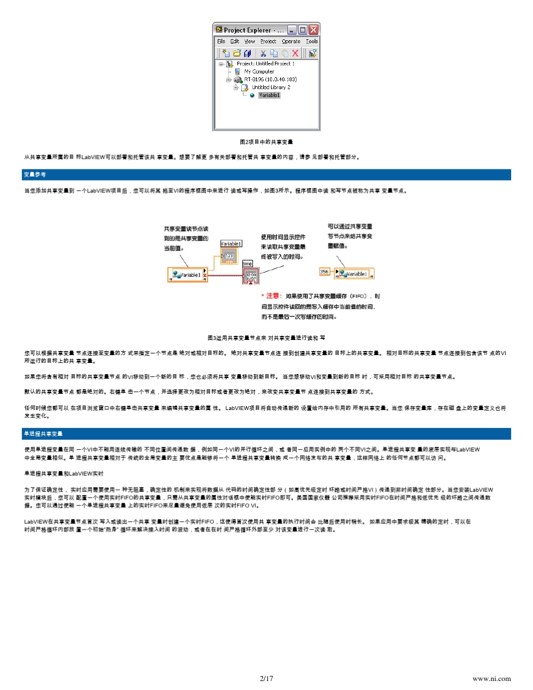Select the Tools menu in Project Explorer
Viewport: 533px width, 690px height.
pyautogui.click(x=312, y=42)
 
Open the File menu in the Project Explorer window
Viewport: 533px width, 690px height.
pyautogui.click(x=221, y=42)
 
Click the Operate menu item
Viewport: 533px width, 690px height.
pyautogui.click(x=291, y=42)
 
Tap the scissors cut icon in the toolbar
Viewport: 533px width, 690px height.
pyautogui.click(x=263, y=53)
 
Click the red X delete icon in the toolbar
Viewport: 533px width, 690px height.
pyautogui.click(x=295, y=53)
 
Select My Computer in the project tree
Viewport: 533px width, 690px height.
pyautogui.click(x=259, y=72)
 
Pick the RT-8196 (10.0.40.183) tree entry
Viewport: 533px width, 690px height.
pyautogui.click(x=270, y=80)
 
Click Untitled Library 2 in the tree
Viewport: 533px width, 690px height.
pyautogui.click(x=271, y=88)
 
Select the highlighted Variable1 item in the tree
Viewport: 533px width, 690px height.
pyautogui.click(x=269, y=95)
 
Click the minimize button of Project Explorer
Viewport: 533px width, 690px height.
pyautogui.click(x=292, y=30)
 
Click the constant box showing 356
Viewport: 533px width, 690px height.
pyautogui.click(x=324, y=272)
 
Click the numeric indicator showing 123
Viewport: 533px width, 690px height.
pyautogui.click(x=229, y=256)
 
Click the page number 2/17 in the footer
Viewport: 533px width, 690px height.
pyautogui.click(x=266, y=679)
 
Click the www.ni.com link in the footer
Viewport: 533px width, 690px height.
pyautogui.click(x=493, y=679)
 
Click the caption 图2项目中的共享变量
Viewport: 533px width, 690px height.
pyautogui.click(x=266, y=142)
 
